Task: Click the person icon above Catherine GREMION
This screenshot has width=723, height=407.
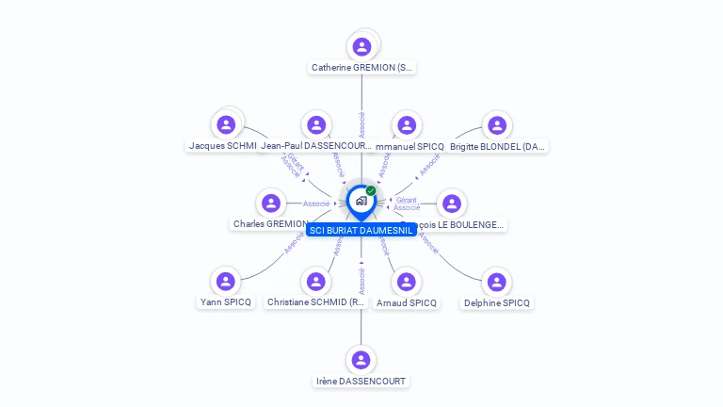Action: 361,46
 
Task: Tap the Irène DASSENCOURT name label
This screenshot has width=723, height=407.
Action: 361,382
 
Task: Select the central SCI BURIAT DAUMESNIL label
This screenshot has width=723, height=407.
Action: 361,230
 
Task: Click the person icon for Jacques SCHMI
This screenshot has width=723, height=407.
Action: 226,124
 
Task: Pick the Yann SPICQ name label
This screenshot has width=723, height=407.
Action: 226,302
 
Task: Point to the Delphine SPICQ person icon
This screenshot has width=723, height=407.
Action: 497,281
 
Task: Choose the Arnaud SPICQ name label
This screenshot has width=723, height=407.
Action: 407,302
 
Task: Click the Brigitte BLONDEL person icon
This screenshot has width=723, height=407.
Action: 497,124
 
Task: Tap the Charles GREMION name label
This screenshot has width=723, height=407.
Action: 270,224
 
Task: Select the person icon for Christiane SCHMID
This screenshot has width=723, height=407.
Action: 316,281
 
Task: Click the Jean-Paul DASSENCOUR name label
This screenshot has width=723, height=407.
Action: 316,146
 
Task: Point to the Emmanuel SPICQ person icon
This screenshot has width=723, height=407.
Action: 407,124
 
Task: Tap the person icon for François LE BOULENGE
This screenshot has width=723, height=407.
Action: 452,203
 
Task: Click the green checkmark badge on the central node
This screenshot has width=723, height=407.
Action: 371,190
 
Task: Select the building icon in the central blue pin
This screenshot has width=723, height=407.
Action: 361,201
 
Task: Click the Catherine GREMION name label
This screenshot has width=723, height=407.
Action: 361,68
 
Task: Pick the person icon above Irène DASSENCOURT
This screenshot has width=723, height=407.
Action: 361,360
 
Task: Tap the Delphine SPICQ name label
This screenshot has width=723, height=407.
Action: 497,302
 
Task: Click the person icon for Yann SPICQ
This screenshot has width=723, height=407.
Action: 226,281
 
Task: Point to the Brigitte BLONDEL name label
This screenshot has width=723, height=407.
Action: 498,146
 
